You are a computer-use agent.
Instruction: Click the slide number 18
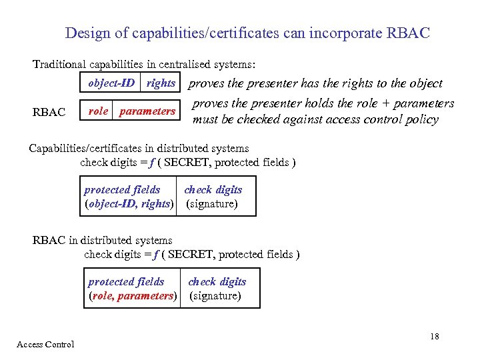pyautogui.click(x=435, y=336)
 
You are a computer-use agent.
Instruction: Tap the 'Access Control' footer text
pyautogui.click(x=45, y=344)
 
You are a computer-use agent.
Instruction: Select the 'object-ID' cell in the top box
pyautogui.click(x=111, y=83)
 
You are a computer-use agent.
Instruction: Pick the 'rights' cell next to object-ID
pyautogui.click(x=161, y=83)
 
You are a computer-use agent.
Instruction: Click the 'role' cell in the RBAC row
pyautogui.click(x=98, y=111)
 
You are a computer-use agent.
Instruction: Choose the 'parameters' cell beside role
pyautogui.click(x=147, y=111)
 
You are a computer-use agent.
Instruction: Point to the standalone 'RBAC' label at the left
pyautogui.click(x=49, y=112)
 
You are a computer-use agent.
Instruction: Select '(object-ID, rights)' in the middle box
pyautogui.click(x=129, y=204)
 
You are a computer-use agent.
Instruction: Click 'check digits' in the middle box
pyautogui.click(x=213, y=190)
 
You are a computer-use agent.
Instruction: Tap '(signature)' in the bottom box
pyautogui.click(x=215, y=296)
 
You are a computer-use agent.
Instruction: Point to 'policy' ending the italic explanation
pyautogui.click(x=422, y=120)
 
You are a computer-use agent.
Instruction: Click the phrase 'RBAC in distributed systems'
pyautogui.click(x=103, y=240)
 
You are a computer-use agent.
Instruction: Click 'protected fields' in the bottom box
pyautogui.click(x=126, y=282)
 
